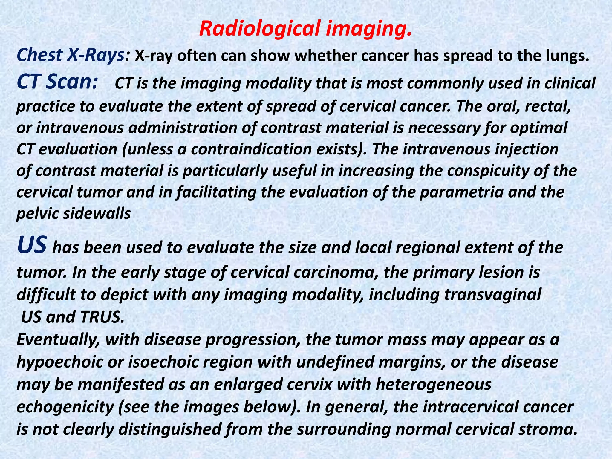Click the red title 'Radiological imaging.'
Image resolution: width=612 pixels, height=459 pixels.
coord(305,29)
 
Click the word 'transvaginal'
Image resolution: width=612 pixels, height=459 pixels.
coord(492,295)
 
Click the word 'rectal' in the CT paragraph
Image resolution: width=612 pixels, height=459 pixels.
coord(547,106)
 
